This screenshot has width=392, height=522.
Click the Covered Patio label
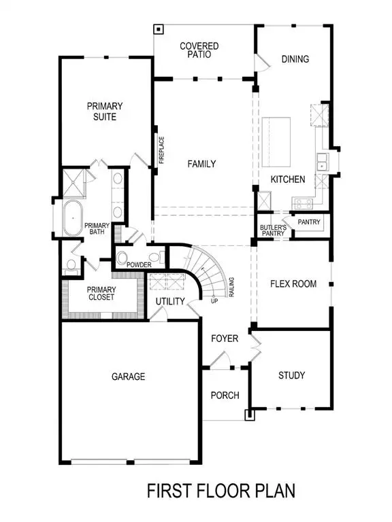pos(199,50)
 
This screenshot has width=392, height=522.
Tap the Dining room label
pos(295,59)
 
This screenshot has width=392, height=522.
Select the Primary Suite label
pos(104,111)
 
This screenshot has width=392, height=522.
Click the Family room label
pos(201,164)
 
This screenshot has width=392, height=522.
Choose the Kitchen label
pos(288,179)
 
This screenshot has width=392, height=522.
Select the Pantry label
pos(308,222)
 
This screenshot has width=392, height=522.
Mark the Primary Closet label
pos(101,293)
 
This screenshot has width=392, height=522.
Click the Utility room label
pos(169,301)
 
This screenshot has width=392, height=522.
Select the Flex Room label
pos(293,284)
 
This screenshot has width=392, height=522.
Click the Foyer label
pos(224,338)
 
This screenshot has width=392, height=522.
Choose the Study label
pos(291,375)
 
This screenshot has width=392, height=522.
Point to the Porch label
pos(223,396)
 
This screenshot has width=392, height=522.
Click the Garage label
pos(128,377)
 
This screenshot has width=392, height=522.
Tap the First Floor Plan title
pos(222,491)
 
